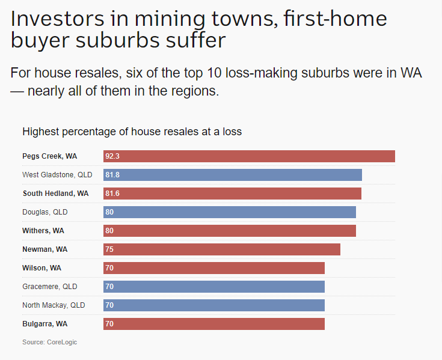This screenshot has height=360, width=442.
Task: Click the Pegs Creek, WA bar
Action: click(249, 156)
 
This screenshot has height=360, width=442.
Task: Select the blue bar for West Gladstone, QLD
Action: click(233, 175)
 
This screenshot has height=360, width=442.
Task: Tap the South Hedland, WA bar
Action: click(232, 194)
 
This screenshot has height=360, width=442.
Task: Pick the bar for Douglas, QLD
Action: click(230, 212)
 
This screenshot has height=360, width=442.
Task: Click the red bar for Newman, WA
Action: click(222, 249)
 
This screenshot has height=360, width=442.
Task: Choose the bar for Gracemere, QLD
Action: click(214, 287)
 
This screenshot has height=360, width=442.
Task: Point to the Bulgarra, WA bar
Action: click(214, 324)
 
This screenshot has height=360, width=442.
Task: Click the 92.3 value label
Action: click(112, 156)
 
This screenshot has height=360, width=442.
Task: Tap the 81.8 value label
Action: click(112, 175)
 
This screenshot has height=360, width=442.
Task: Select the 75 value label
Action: click(109, 249)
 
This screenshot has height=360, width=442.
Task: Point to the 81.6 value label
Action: click(112, 194)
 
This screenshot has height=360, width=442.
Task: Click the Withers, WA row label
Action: click(43, 231)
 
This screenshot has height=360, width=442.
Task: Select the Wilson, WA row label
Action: click(41, 268)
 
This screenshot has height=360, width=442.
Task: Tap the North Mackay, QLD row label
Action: click(54, 305)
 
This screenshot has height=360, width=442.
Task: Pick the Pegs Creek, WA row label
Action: click(49, 156)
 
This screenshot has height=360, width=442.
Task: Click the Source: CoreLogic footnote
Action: click(49, 342)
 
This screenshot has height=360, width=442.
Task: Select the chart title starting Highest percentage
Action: click(132, 131)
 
